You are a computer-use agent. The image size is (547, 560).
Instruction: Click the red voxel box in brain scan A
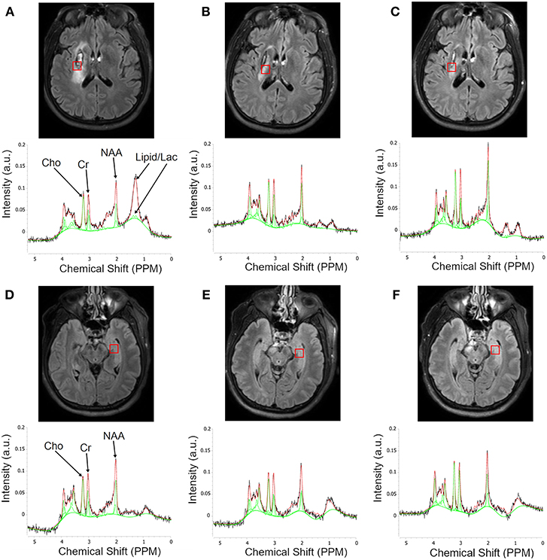pyautogui.click(x=77, y=66)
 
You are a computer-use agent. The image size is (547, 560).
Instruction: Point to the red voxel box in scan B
pyautogui.click(x=265, y=70)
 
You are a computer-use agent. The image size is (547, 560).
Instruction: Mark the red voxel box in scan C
pyautogui.click(x=451, y=68)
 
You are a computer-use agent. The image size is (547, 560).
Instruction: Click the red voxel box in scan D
pyautogui.click(x=114, y=348)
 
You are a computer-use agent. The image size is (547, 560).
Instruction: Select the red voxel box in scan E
pyautogui.click(x=299, y=352)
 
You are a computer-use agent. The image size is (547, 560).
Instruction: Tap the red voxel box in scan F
pyautogui.click(x=495, y=350)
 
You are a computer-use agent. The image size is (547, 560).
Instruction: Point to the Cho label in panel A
pyautogui.click(x=51, y=162)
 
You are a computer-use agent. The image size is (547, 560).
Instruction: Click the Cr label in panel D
pyautogui.click(x=87, y=446)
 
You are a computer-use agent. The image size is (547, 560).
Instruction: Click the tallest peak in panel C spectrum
pyautogui.click(x=488, y=144)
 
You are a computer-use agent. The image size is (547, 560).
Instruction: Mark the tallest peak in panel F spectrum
pyautogui.click(x=487, y=452)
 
